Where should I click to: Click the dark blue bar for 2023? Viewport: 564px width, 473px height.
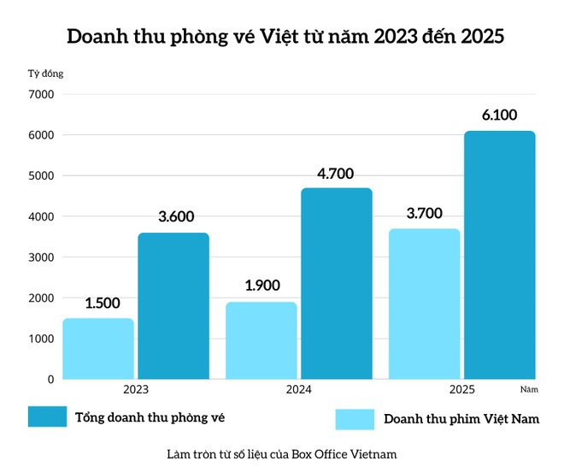173,305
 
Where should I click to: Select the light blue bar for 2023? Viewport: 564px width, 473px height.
98,348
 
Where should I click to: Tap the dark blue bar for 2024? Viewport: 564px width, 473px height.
337,283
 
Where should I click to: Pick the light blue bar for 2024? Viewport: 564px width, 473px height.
261,340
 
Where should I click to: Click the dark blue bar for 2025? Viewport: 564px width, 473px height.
500,255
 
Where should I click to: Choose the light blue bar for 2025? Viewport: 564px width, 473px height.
425,304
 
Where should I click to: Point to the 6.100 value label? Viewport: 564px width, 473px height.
500,115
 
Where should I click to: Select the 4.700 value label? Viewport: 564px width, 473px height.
337,173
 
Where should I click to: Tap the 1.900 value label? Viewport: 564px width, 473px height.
262,287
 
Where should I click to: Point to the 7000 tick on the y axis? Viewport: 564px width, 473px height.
40,94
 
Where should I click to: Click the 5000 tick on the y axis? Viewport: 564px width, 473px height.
40,175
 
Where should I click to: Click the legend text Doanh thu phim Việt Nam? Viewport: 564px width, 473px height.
461,419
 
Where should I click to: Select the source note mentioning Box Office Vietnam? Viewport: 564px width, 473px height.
282,453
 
